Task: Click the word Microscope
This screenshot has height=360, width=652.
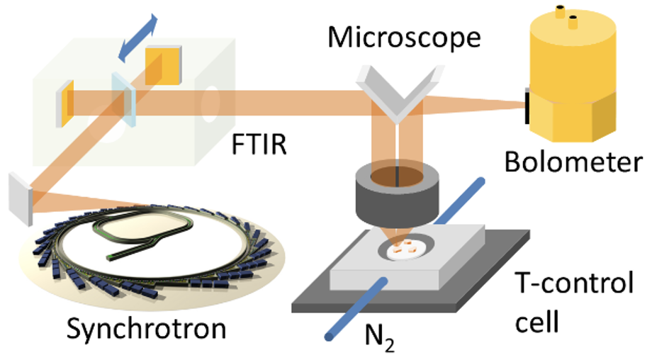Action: pos(404,38)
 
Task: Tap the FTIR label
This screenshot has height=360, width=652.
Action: pos(259,145)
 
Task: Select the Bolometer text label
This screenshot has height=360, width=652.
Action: pos(573,162)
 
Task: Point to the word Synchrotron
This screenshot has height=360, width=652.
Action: pos(147,329)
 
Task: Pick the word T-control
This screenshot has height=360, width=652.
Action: pos(574,283)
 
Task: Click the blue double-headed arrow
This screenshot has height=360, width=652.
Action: pos(137,38)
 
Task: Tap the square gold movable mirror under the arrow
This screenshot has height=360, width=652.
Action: pos(163,66)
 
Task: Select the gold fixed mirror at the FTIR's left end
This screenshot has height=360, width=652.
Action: pos(65,103)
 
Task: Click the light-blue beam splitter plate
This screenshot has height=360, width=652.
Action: pos(123,99)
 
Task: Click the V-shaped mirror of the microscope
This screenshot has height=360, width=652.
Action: pos(398,94)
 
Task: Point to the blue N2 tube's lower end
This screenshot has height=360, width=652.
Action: pos(330,336)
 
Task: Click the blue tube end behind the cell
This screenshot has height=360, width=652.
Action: pos(480,182)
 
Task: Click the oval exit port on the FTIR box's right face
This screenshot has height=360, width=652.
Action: pos(210,104)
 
